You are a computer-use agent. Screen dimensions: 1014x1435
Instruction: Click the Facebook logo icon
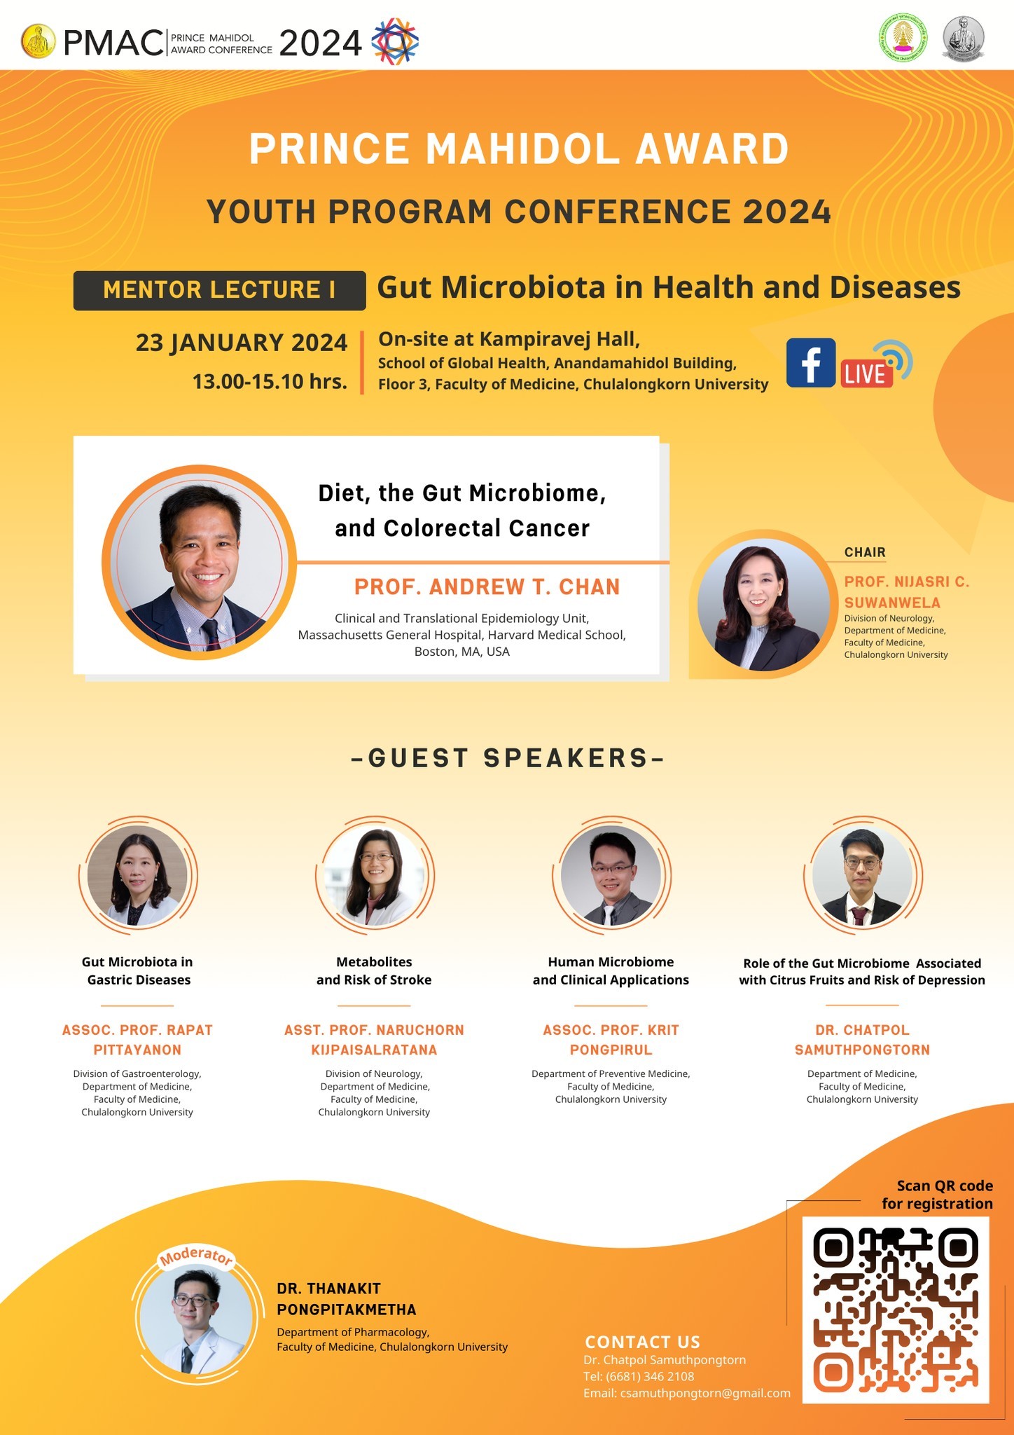811,362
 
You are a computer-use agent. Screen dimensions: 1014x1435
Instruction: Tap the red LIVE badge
866,373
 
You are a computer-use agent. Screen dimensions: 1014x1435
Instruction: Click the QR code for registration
896,1310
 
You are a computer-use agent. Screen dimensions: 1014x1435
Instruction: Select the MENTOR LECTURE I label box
219,290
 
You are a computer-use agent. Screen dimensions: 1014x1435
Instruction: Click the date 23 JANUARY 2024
242,343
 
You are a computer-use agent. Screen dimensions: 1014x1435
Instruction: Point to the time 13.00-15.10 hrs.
270,382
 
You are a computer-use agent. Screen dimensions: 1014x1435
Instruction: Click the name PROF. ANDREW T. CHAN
487,586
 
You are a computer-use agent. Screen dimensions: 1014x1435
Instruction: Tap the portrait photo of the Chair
763,604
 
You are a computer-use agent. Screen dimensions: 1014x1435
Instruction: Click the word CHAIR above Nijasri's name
865,552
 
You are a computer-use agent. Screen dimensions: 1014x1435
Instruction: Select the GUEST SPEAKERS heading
507,758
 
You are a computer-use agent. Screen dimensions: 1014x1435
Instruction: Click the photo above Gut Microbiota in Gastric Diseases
137,875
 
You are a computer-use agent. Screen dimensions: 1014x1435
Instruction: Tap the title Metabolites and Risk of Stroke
374,971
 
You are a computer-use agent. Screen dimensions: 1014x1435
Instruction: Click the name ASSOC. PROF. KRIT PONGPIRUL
611,1040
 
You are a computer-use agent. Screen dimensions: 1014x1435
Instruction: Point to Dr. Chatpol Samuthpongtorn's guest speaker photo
863,875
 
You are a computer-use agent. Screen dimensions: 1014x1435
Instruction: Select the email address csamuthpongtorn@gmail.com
705,1393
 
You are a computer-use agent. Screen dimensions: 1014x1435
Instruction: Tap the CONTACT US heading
642,1342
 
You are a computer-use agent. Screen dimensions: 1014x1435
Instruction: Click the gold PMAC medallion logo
39,43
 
